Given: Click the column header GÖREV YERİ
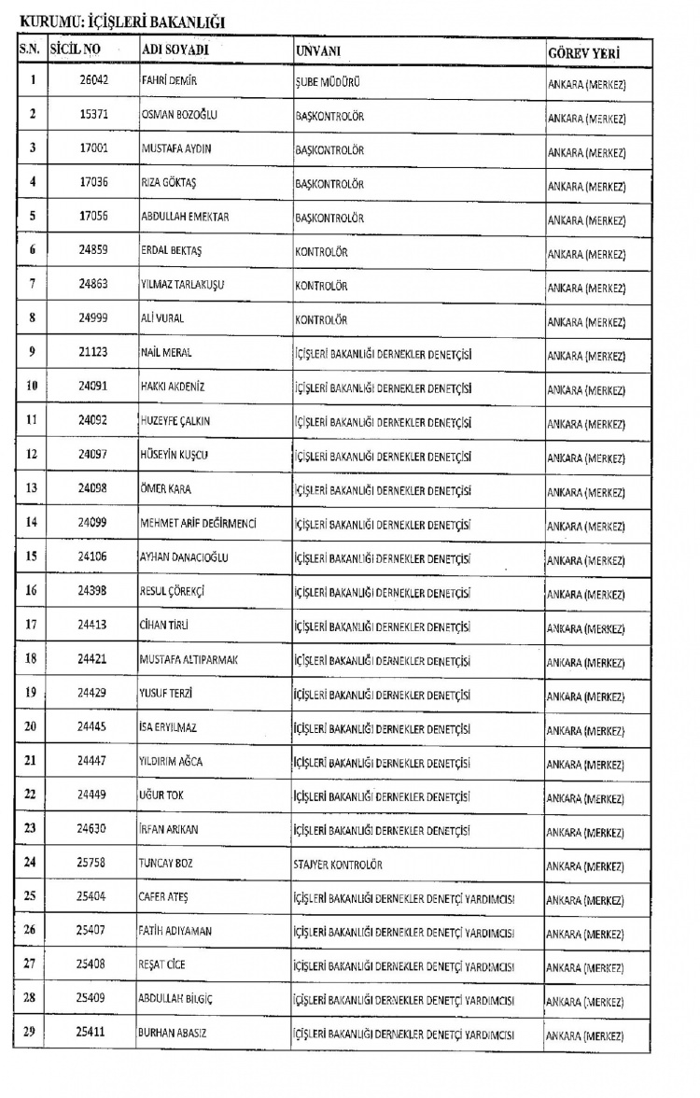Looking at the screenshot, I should [x=584, y=53].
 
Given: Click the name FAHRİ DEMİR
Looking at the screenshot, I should [x=169, y=81].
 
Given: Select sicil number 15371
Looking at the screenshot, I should [x=94, y=116].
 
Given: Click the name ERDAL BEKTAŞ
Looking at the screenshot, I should [x=170, y=252].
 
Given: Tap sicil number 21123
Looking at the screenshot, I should [x=93, y=351].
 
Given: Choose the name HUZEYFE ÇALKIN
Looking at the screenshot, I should [x=175, y=421].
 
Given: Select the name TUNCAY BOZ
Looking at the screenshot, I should [x=166, y=865].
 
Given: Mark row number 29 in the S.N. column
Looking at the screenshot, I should [x=33, y=1034].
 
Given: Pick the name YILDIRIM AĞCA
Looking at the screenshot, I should [x=171, y=761].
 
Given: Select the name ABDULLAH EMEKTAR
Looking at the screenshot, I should [x=185, y=218].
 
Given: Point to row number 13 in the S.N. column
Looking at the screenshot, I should [x=33, y=488].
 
